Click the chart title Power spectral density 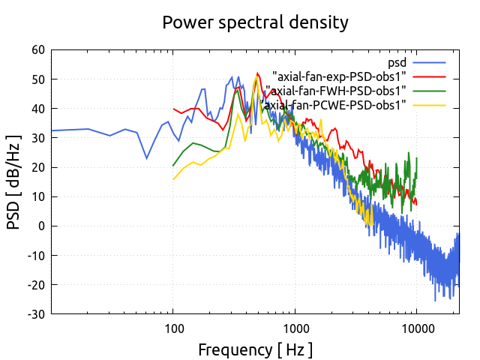click(x=255, y=22)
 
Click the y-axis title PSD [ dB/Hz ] click(x=14, y=181)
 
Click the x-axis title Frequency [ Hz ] click(x=255, y=349)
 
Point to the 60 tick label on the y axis click(x=37, y=50)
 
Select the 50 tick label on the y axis click(x=37, y=79)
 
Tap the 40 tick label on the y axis click(x=37, y=109)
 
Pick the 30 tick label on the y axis click(x=37, y=138)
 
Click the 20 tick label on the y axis click(x=37, y=167)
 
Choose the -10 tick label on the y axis click(x=35, y=255)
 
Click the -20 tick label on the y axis click(x=35, y=284)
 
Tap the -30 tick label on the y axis click(x=35, y=313)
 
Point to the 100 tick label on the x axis click(x=173, y=328)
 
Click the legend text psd click(x=397, y=61)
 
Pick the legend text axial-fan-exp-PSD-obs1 click(x=339, y=76)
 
